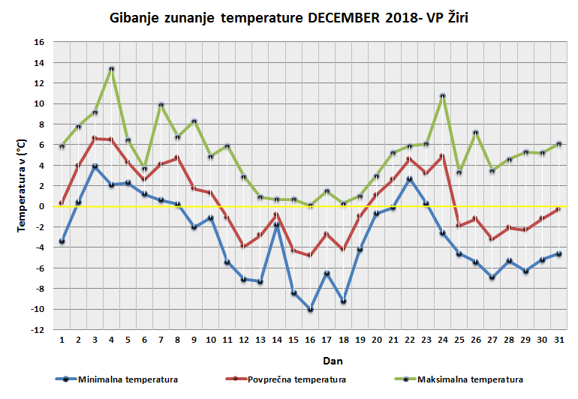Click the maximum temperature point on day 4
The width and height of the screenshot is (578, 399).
click(x=111, y=69)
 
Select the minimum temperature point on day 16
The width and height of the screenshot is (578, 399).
click(x=310, y=309)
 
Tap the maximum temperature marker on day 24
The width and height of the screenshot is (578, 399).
click(x=443, y=96)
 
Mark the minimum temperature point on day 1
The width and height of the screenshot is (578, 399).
click(x=62, y=241)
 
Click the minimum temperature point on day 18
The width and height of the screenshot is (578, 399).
click(x=343, y=301)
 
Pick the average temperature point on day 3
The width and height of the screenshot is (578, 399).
click(x=95, y=138)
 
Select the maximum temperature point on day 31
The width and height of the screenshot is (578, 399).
click(x=558, y=144)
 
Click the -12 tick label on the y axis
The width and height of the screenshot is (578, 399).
click(x=37, y=330)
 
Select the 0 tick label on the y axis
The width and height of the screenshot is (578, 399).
click(x=41, y=206)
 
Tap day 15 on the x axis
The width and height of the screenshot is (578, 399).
click(x=294, y=340)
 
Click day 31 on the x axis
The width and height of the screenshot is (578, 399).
click(x=558, y=340)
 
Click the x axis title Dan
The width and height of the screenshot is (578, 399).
click(x=310, y=359)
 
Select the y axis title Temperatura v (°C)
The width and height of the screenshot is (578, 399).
click(x=22, y=185)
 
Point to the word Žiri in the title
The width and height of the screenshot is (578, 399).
click(x=460, y=16)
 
